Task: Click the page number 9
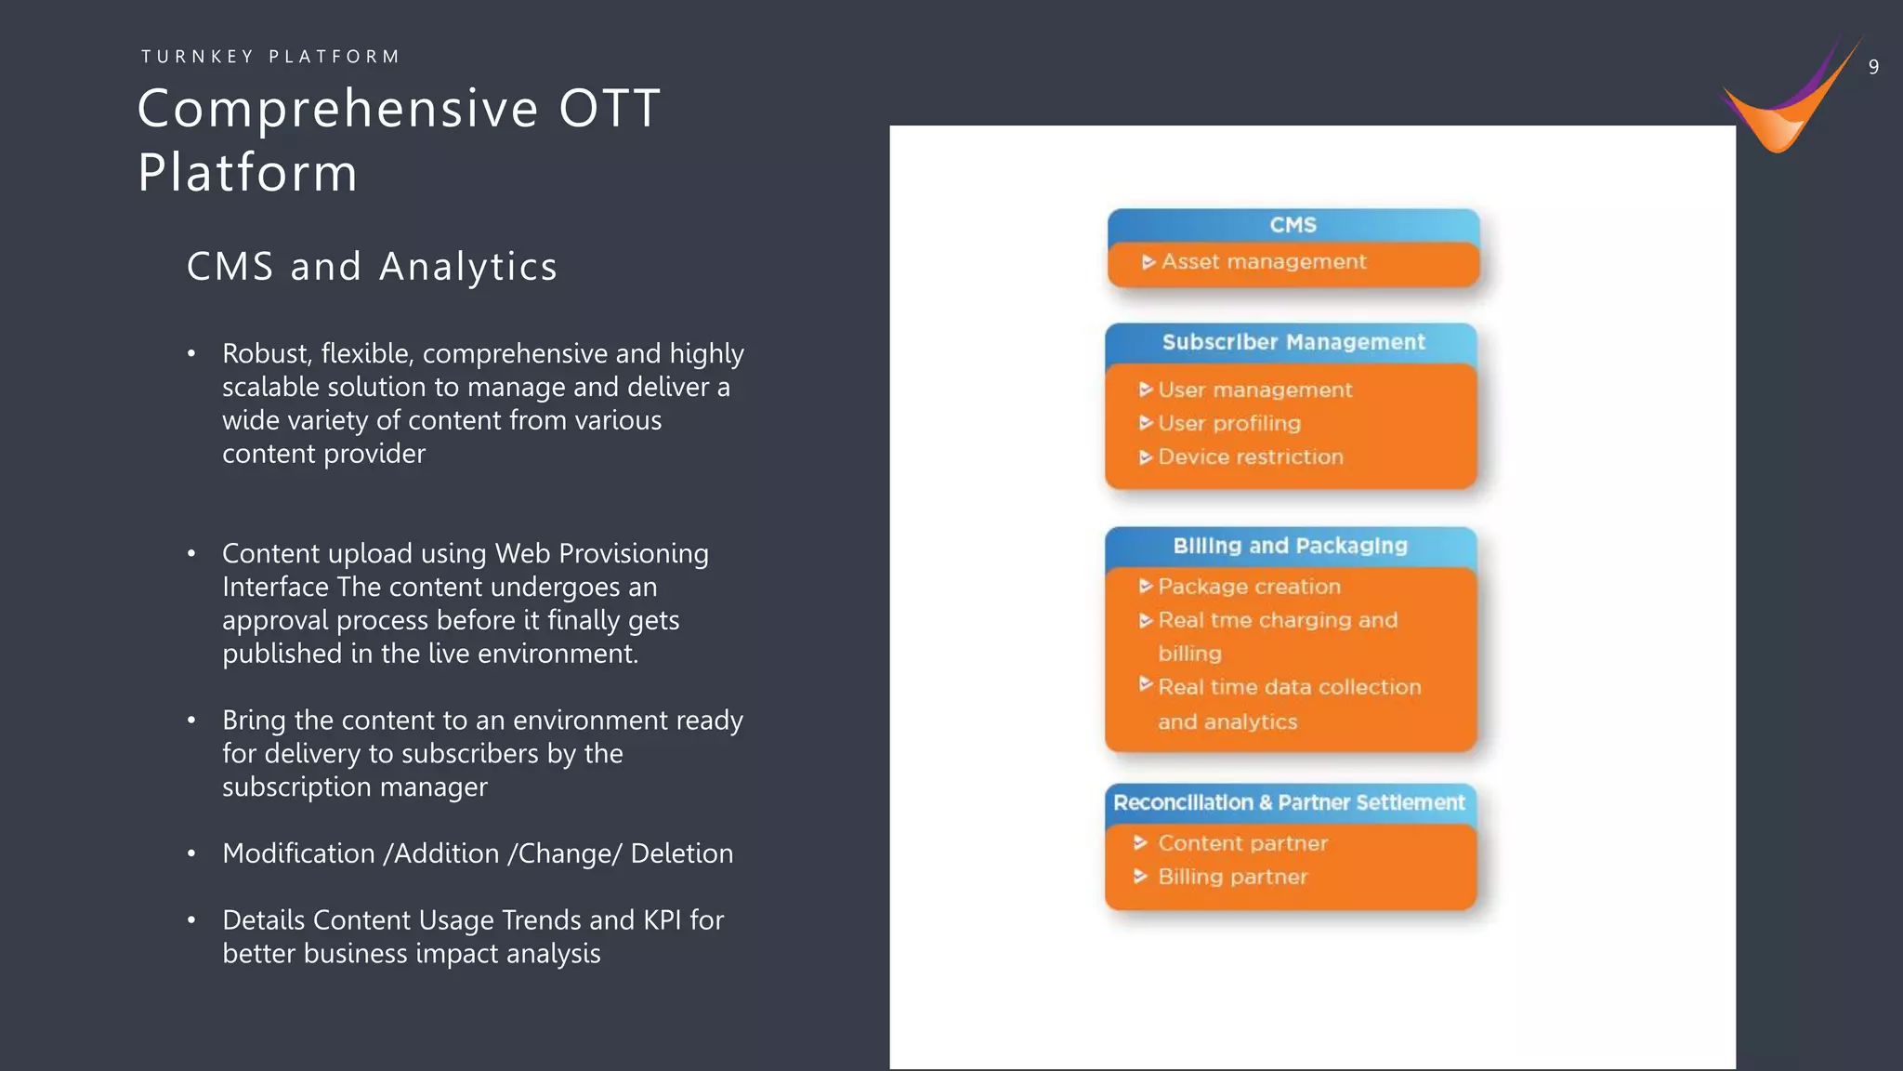pyautogui.click(x=1873, y=67)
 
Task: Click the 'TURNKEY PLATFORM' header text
pyautogui.click(x=270, y=57)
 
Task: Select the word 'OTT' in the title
pyautogui.click(x=610, y=109)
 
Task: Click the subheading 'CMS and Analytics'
pyautogui.click(x=372, y=267)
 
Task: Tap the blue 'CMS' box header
pyautogui.click(x=1293, y=225)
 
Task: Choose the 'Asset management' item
pyautogui.click(x=1263, y=262)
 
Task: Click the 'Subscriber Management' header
pyautogui.click(x=1293, y=342)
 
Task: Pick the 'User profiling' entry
pyautogui.click(x=1228, y=423)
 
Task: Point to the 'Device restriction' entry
pyautogui.click(x=1250, y=456)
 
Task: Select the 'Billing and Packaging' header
pyautogui.click(x=1290, y=546)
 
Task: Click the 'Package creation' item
pyautogui.click(x=1249, y=587)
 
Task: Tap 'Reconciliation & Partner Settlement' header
pyautogui.click(x=1289, y=802)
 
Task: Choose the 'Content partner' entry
pyautogui.click(x=1242, y=843)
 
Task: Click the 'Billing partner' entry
pyautogui.click(x=1232, y=877)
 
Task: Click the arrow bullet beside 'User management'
pyautogui.click(x=1146, y=390)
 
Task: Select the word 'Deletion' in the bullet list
pyautogui.click(x=681, y=853)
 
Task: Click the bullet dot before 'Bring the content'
pyautogui.click(x=191, y=721)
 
